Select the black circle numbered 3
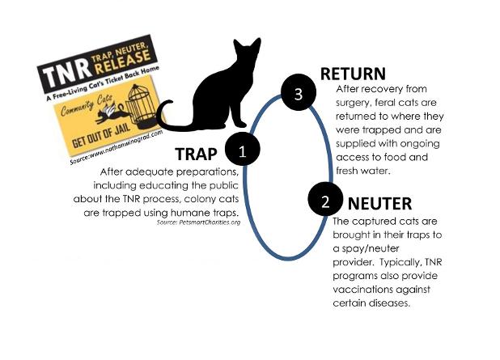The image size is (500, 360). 298,95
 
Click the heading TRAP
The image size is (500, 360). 198,155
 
